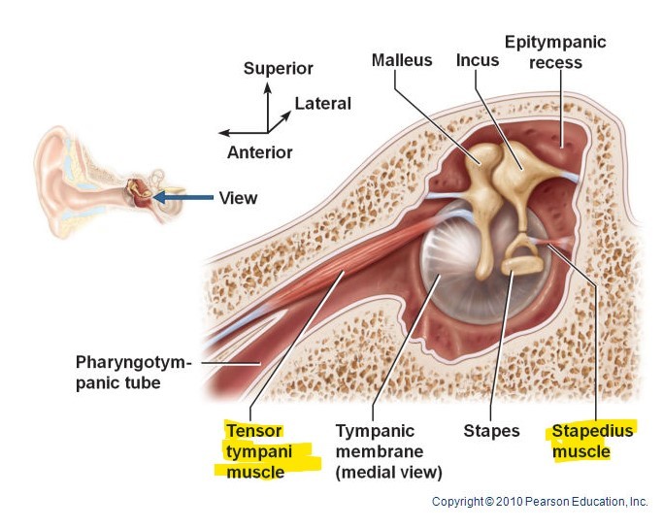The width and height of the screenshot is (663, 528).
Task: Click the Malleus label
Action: tap(401, 60)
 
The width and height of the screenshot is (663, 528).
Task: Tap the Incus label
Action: tap(478, 60)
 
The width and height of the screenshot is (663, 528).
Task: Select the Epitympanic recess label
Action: tap(555, 52)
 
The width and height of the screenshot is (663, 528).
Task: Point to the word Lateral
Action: tap(322, 104)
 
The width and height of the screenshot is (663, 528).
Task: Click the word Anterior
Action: tap(259, 152)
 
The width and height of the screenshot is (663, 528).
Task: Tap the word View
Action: tap(238, 198)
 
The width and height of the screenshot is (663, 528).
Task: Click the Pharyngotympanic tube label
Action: tap(133, 374)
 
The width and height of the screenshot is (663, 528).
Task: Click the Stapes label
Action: tap(491, 431)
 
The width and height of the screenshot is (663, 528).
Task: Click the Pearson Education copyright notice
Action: tap(540, 502)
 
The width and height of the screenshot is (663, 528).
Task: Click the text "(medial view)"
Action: tap(388, 473)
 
